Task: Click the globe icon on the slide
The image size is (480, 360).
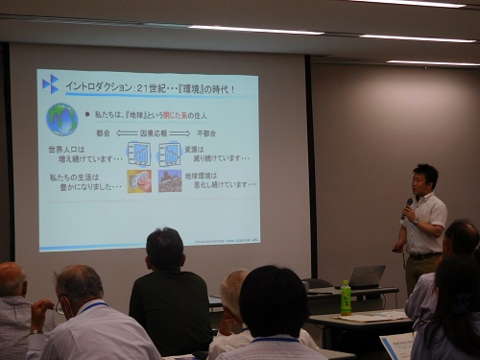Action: pyautogui.click(x=62, y=119)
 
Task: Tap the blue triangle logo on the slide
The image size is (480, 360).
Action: pyautogui.click(x=49, y=84)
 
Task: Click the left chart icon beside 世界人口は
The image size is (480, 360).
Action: pyautogui.click(x=139, y=154)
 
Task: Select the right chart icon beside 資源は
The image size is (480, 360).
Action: pyautogui.click(x=169, y=154)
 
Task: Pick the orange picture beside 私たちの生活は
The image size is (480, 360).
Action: pyautogui.click(x=139, y=180)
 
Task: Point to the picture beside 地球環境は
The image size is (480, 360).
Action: pyautogui.click(x=170, y=180)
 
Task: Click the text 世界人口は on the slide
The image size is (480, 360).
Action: pyautogui.click(x=67, y=150)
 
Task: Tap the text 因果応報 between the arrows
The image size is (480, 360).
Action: pyautogui.click(x=154, y=133)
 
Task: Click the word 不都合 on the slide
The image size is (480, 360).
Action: pyautogui.click(x=206, y=133)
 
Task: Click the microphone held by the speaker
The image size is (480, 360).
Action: pyautogui.click(x=408, y=204)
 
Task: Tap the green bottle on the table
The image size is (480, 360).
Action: pyautogui.click(x=346, y=298)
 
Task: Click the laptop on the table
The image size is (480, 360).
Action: pyautogui.click(x=366, y=276)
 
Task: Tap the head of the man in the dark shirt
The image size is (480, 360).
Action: pyautogui.click(x=165, y=249)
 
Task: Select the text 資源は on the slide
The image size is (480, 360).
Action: pyautogui.click(x=194, y=150)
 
